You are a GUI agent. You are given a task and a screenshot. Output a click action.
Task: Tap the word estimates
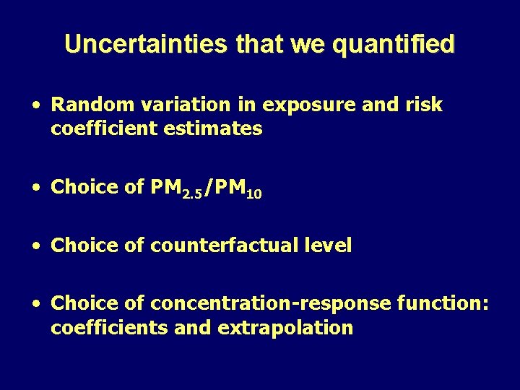(x=216, y=129)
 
